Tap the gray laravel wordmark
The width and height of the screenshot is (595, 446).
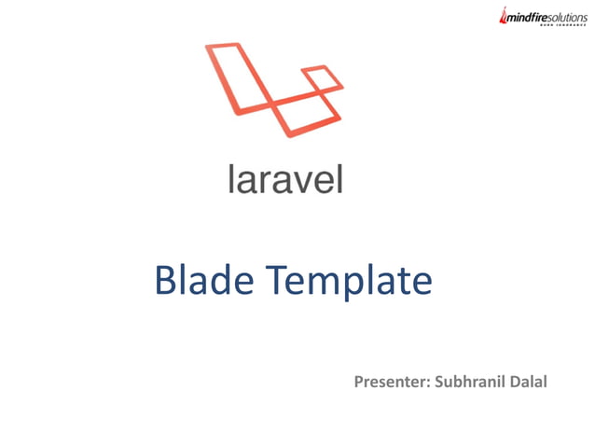pos(285,178)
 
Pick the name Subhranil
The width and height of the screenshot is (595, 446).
pos(476,382)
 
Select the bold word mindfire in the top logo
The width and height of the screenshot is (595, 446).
pos(523,16)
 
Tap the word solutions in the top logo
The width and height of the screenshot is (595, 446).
pos(563,16)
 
